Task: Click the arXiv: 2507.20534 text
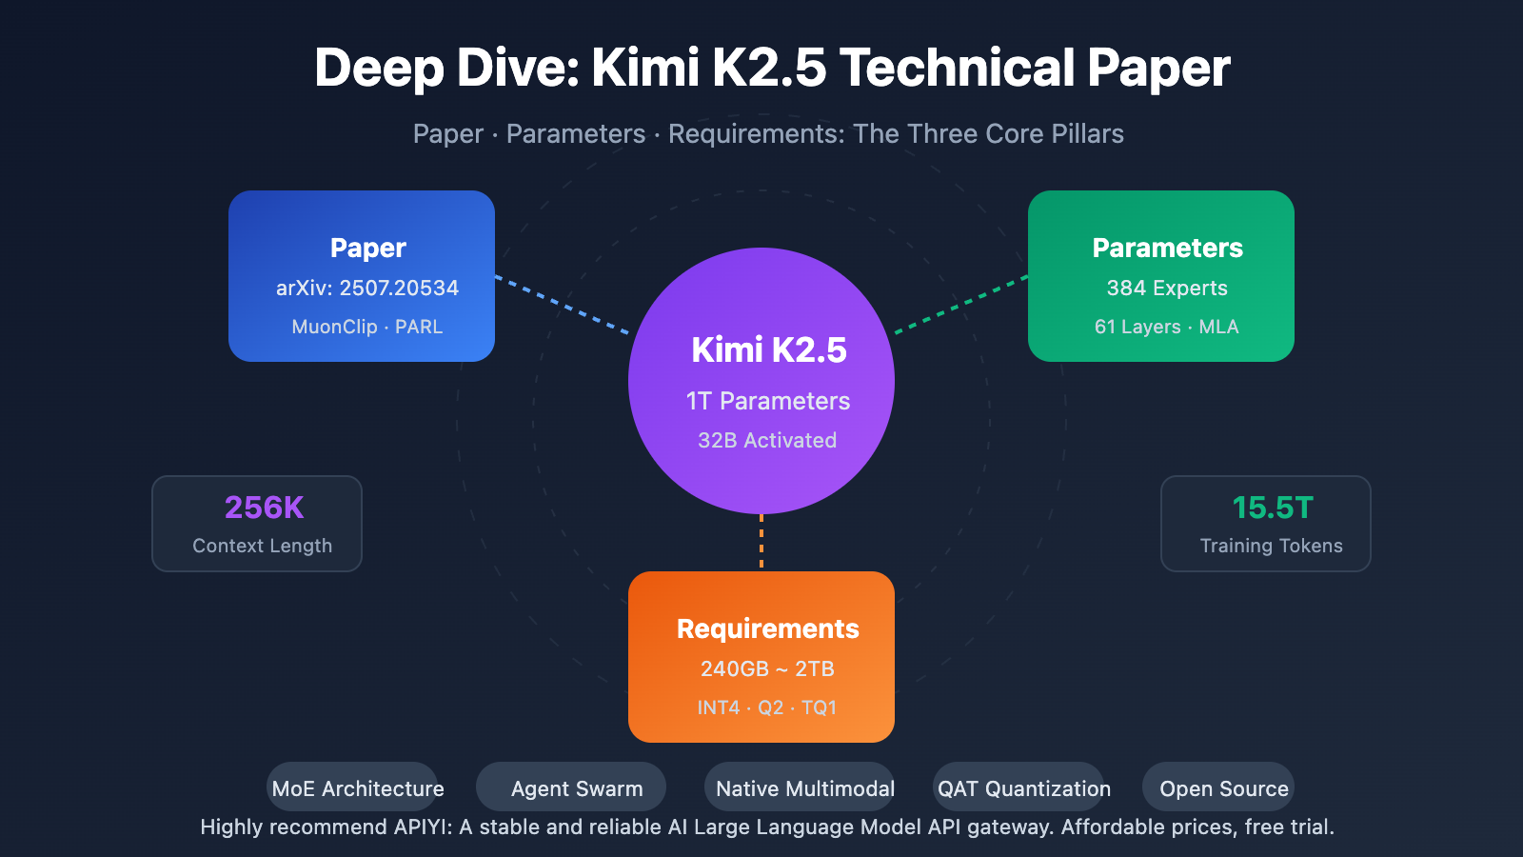[367, 288]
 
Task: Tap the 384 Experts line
[1167, 288]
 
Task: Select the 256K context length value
[264, 508]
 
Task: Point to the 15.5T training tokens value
[1272, 508]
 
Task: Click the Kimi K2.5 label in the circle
[768, 349]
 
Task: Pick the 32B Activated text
[767, 440]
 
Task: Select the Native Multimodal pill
[804, 788]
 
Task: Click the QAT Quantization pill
[1023, 788]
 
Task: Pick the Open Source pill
[1223, 788]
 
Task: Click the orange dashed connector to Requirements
[761, 542]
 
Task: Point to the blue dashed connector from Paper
[562, 305]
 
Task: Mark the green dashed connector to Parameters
[961, 305]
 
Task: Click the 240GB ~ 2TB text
[767, 668]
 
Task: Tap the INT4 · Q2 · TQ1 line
[767, 708]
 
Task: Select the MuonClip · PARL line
[367, 327]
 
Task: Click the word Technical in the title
[957, 69]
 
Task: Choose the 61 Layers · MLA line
[1166, 327]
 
